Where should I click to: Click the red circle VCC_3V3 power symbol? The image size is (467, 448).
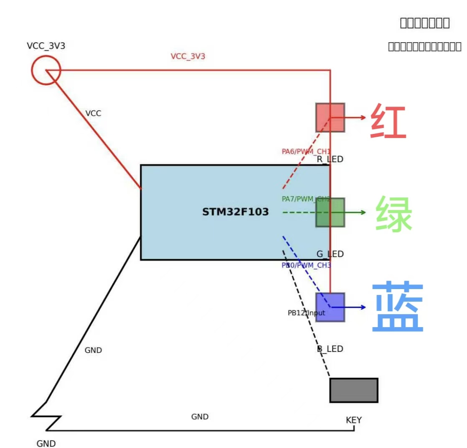click(46, 70)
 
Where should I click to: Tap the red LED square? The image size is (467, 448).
click(330, 118)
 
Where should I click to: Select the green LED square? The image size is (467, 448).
click(330, 212)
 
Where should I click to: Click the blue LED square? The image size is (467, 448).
click(330, 307)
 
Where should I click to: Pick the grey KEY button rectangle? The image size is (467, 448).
click(354, 390)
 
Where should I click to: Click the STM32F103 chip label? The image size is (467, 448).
click(236, 212)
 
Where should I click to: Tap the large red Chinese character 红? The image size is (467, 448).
click(388, 121)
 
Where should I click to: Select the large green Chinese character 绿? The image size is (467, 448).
click(393, 214)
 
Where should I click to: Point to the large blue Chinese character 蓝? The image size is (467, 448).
click(398, 307)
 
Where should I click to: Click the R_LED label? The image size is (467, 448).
click(330, 159)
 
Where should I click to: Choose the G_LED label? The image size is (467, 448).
click(330, 254)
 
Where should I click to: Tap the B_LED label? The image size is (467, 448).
click(330, 349)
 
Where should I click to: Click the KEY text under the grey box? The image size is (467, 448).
click(354, 420)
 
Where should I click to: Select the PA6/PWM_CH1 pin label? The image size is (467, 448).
click(306, 151)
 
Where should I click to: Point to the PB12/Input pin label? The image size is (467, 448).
click(306, 313)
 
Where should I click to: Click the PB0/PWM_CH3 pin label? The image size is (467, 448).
click(306, 265)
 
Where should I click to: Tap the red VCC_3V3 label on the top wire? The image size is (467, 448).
click(188, 56)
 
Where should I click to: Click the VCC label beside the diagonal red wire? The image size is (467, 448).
click(93, 113)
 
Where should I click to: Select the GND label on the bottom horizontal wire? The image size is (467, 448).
click(200, 417)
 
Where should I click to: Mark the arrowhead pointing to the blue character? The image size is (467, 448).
click(363, 307)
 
